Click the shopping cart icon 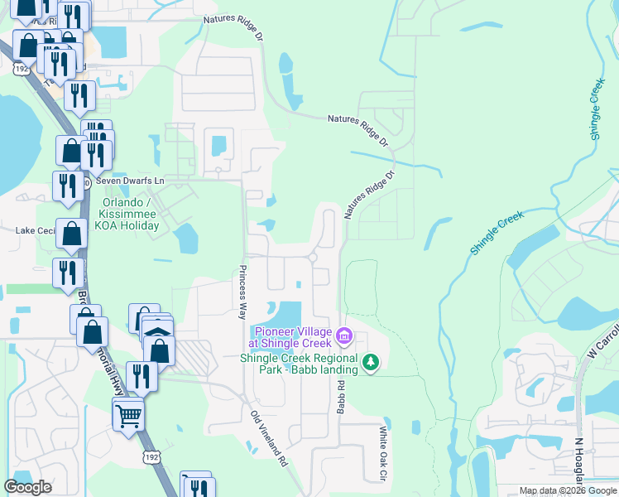(128, 413)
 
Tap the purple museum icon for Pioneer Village (344, 338)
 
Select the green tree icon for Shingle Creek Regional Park (371, 362)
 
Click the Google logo (28, 487)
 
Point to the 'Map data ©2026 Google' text (568, 490)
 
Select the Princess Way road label (242, 292)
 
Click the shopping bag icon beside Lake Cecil (72, 235)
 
